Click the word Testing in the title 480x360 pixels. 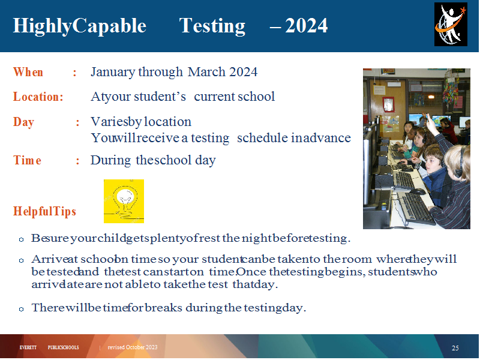coord(212,26)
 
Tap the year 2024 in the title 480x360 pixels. coord(306,25)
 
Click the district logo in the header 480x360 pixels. coord(451,24)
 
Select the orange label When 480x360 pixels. coord(28,72)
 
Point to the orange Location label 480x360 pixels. coord(38,97)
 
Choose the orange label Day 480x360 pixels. coord(23,122)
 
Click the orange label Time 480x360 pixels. coord(27,160)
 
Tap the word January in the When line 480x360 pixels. coord(113,72)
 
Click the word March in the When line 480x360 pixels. coord(206,72)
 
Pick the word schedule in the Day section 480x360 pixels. coord(263,138)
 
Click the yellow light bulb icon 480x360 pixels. coord(124,201)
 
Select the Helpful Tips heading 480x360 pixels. coord(44,211)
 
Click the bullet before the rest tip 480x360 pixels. coord(21,239)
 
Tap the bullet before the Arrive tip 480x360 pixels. coord(21,260)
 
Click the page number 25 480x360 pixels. coord(455,348)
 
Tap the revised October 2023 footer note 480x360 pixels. coord(133,347)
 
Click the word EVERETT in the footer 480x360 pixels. coord(28,347)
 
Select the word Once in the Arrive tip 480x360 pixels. coord(251,272)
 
